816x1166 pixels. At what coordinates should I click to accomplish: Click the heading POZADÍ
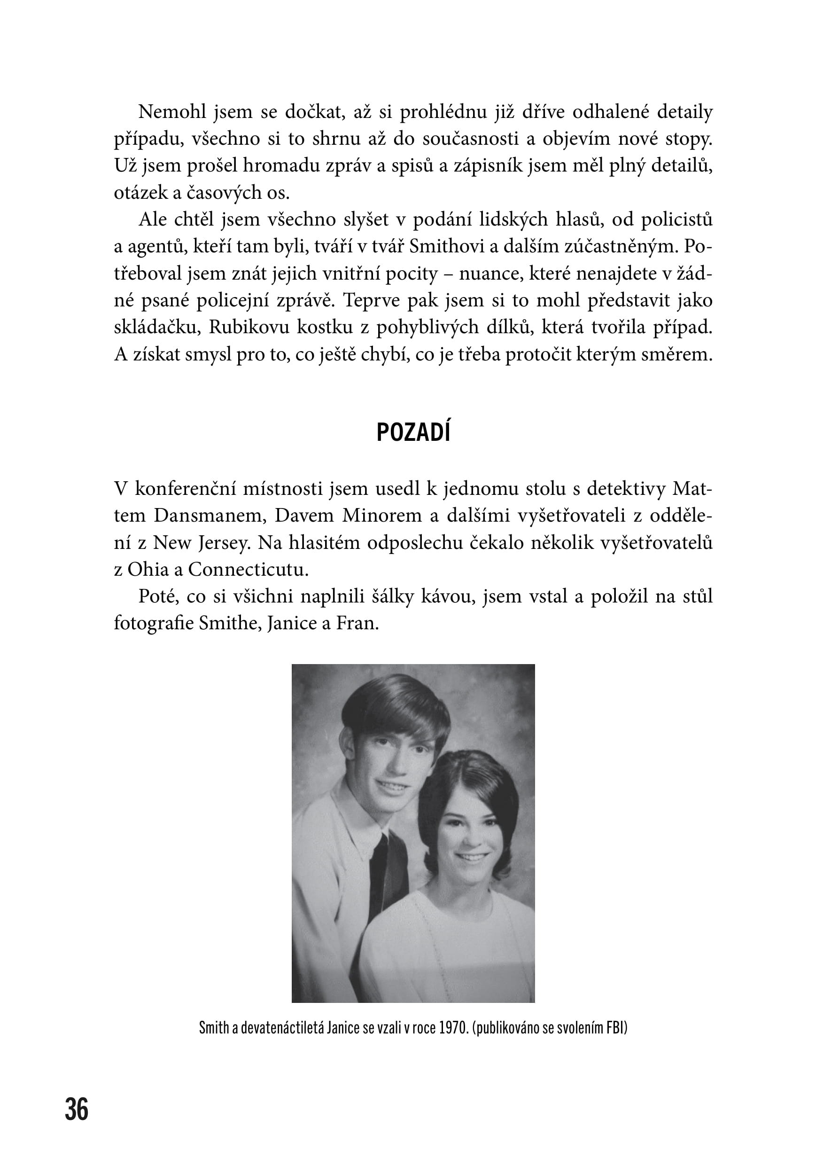(413, 433)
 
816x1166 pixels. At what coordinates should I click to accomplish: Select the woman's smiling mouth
(472, 857)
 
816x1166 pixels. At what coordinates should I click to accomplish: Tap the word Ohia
(148, 569)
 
